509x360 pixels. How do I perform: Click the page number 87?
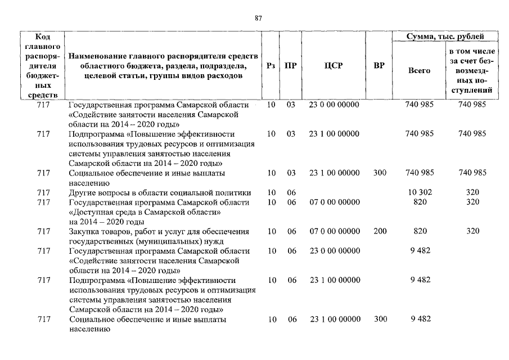coord(258,18)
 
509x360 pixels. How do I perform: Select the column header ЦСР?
coord(334,66)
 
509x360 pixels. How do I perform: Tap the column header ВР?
coord(379,66)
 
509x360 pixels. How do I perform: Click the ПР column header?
coord(291,66)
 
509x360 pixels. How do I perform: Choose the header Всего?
coord(419,71)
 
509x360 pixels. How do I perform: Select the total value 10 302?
coord(419,192)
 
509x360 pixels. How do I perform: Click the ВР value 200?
coord(380,231)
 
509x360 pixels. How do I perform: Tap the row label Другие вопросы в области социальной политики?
coord(159,192)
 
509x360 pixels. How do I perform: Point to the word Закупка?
coord(85,231)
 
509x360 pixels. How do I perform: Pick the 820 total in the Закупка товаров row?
coord(420,231)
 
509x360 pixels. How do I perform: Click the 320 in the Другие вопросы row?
coord(472,192)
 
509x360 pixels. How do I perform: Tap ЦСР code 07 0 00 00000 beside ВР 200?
coord(334,231)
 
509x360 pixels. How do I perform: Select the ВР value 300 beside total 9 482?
coord(380,319)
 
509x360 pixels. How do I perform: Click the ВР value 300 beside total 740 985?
coord(380,173)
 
